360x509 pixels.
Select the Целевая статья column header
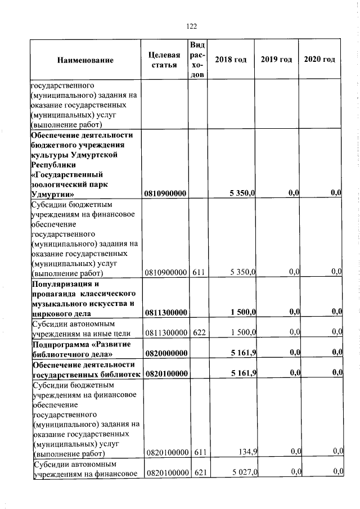pos(164,60)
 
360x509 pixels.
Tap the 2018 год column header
pos(231,60)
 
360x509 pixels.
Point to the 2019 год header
pos(276,60)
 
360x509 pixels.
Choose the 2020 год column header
pos(319,60)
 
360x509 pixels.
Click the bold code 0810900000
pos(165,193)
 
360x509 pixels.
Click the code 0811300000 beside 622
pos(165,332)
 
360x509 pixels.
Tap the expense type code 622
pos(199,332)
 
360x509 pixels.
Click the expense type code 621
pos(199,472)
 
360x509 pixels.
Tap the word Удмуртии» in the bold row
pos(51,193)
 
